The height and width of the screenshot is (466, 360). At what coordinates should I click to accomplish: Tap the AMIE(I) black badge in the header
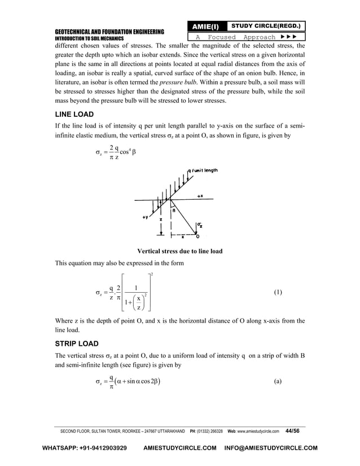(207, 27)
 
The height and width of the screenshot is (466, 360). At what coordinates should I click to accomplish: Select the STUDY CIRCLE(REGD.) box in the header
(265, 26)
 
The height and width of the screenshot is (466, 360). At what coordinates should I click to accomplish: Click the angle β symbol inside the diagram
(174, 210)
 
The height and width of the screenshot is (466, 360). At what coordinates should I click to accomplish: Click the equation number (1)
(278, 293)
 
